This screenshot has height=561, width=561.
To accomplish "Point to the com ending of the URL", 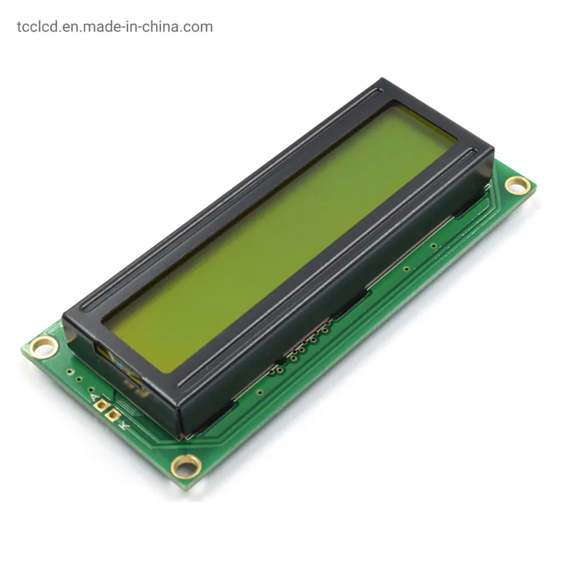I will click(200, 26).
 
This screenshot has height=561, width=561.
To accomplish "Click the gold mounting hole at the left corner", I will click(43, 347).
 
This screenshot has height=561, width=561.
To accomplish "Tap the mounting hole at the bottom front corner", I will click(186, 465).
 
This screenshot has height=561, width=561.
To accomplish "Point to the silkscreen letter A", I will click(93, 397).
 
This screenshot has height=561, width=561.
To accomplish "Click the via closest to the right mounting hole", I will click(434, 245).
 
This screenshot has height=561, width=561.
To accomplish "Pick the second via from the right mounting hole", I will click(406, 269).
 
